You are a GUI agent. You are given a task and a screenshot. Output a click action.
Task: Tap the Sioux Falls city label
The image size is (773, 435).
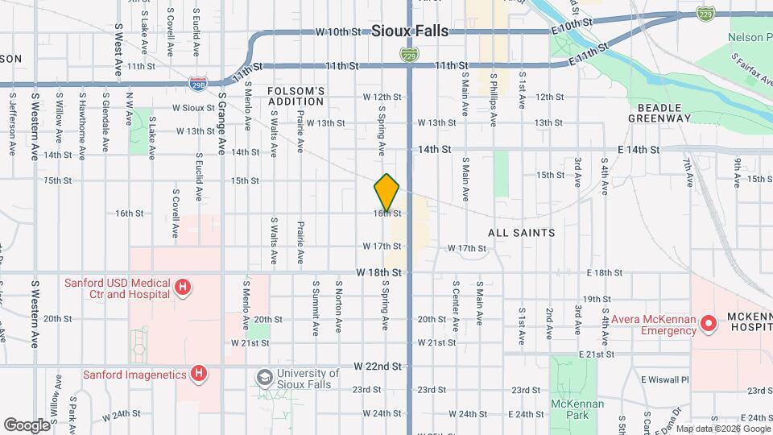coord(410,31)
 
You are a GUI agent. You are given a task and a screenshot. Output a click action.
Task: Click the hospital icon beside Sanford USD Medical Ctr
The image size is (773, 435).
coord(184,288)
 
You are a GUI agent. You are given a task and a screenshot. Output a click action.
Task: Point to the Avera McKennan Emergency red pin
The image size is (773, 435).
coord(709,325)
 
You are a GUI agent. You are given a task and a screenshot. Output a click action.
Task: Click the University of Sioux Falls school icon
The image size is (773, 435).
coord(264,378)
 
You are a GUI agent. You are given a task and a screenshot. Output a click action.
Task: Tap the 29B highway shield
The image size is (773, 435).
coord(198,82)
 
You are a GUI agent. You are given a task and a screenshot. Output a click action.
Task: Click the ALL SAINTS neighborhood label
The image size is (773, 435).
coord(522,233)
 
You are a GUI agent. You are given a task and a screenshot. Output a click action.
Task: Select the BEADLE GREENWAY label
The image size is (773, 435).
coord(664,112)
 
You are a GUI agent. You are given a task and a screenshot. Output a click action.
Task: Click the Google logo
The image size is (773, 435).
coord(27,425)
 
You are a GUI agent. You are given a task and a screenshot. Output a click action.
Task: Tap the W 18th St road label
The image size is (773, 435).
coord(379,274)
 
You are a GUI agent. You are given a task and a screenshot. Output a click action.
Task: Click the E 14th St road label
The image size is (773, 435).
coord(639,150)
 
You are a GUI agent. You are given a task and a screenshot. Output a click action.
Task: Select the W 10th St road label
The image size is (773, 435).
coord(337,32)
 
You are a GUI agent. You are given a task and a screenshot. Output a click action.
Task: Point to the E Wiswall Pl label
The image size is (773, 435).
coord(665,379)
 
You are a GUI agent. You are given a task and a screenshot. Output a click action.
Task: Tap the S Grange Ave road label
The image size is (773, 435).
coord(221,122)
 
